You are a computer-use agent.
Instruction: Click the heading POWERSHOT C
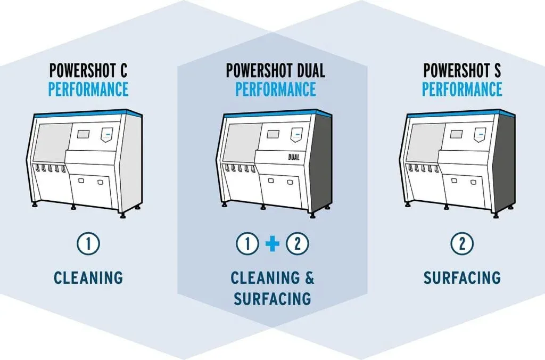(88, 70)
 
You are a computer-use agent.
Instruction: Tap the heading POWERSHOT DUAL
(275, 70)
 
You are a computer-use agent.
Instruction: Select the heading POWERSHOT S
(462, 70)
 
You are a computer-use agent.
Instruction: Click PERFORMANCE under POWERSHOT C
(88, 89)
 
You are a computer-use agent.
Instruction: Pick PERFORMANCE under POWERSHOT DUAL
(275, 89)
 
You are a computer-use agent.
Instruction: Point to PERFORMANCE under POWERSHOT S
(462, 89)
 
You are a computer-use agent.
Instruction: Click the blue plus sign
(272, 245)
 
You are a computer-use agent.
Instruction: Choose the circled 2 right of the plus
(297, 244)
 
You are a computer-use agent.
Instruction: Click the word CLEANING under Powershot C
(88, 277)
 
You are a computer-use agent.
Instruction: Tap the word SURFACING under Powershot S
(462, 277)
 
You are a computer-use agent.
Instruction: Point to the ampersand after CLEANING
(308, 278)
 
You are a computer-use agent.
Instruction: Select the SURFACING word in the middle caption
(272, 298)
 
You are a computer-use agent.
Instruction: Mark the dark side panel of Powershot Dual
(320, 160)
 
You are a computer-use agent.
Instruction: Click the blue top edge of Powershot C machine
(85, 111)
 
